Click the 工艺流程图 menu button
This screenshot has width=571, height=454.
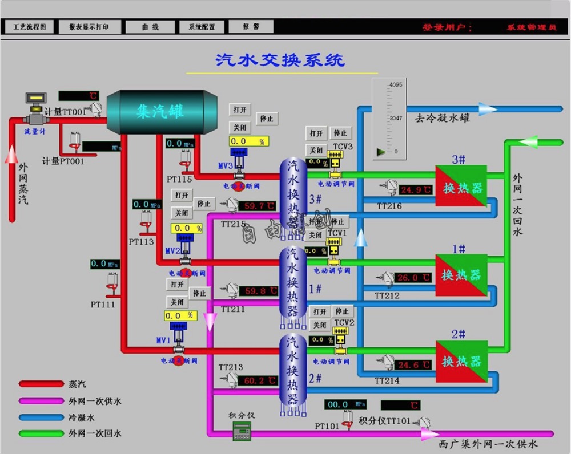[x=29, y=27]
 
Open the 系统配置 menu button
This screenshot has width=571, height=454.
[x=198, y=27]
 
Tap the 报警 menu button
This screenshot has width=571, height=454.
[x=251, y=27]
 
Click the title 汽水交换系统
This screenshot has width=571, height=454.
[x=280, y=60]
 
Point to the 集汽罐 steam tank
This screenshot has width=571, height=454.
[x=162, y=112]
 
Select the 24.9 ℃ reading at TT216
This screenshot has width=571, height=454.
[x=416, y=190]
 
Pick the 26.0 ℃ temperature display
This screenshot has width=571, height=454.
[x=415, y=278]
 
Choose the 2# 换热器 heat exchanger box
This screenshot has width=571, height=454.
[x=461, y=362]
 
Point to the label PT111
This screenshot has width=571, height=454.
[x=103, y=305]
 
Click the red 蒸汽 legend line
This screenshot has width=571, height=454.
[x=41, y=384]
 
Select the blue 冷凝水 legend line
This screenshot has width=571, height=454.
[x=41, y=417]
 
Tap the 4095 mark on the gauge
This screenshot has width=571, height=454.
[x=396, y=85]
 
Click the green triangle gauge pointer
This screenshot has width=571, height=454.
[x=381, y=152]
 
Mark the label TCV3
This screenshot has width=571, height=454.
[x=343, y=147]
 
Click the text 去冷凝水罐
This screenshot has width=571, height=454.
[x=443, y=119]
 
